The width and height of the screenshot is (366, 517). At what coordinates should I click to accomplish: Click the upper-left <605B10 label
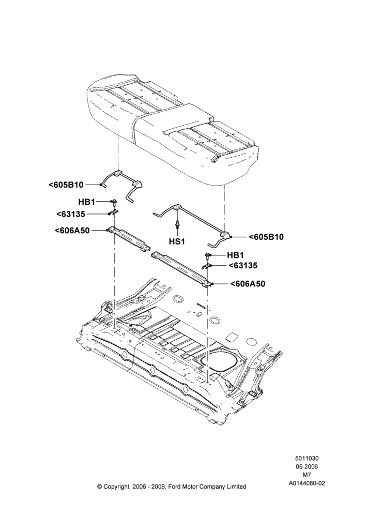coord(66,185)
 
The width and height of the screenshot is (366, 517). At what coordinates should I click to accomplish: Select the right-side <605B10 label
coord(266,237)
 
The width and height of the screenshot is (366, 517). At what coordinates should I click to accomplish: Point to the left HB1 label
coord(87,201)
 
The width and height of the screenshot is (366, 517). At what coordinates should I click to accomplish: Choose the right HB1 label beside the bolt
coord(235,255)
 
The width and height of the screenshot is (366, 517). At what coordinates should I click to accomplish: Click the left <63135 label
coord(71,215)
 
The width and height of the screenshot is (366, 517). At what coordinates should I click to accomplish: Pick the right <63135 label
coord(243,265)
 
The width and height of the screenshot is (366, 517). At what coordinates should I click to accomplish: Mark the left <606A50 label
coord(72,231)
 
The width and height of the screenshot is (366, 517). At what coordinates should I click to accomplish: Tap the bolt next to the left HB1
coord(114,202)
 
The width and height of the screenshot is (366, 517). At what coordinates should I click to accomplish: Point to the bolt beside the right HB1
coord(208,256)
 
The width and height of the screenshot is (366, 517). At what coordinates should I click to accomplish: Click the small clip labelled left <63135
coord(114,212)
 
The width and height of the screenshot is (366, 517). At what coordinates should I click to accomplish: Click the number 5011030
coord(307,458)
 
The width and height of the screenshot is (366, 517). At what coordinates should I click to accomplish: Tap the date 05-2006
coord(307,466)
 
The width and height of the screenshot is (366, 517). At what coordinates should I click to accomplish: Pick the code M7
coord(307,475)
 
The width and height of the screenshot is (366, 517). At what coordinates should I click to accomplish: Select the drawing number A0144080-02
coord(307,483)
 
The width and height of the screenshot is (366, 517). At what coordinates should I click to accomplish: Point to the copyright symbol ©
coord(99,486)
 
